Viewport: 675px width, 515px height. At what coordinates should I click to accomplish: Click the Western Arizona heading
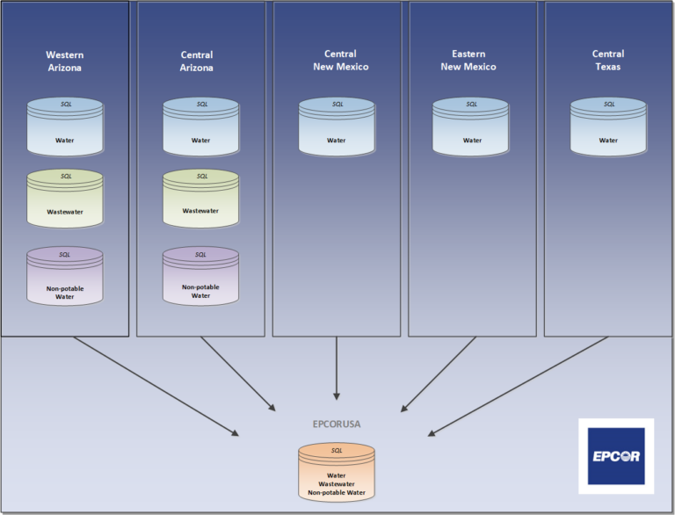click(x=65, y=61)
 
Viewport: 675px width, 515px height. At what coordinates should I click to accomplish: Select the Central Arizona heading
click(x=197, y=61)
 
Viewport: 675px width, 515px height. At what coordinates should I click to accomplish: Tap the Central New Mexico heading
click(x=339, y=61)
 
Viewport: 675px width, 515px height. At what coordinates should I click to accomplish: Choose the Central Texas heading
click(x=607, y=61)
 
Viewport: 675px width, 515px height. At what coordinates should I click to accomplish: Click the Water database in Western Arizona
click(x=65, y=127)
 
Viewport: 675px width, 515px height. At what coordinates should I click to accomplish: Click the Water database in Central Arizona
click(x=200, y=127)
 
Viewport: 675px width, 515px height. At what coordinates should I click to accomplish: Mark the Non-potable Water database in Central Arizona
click(x=200, y=276)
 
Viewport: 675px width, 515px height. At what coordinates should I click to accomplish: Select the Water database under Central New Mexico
click(x=337, y=127)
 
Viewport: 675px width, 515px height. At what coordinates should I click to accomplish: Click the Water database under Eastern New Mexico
click(x=471, y=127)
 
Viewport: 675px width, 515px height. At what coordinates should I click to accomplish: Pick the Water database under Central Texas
click(x=608, y=127)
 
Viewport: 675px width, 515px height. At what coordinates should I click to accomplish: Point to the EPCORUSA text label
click(x=337, y=424)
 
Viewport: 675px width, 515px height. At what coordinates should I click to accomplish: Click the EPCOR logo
click(x=615, y=456)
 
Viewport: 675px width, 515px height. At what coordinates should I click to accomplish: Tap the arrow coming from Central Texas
click(x=519, y=386)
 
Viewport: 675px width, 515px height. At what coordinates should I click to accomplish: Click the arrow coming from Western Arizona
click(x=155, y=386)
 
